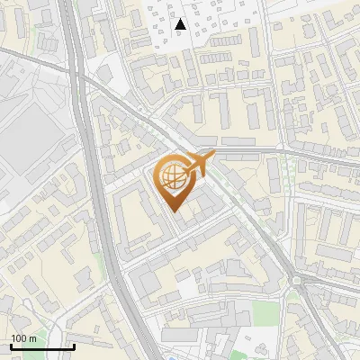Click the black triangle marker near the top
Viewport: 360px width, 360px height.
tap(180, 24)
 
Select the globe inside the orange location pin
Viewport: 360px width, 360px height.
tap(175, 177)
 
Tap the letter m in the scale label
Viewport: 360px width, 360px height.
tap(32, 338)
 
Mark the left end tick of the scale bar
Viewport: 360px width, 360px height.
tap(11, 346)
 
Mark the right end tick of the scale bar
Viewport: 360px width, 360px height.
tap(74, 346)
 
